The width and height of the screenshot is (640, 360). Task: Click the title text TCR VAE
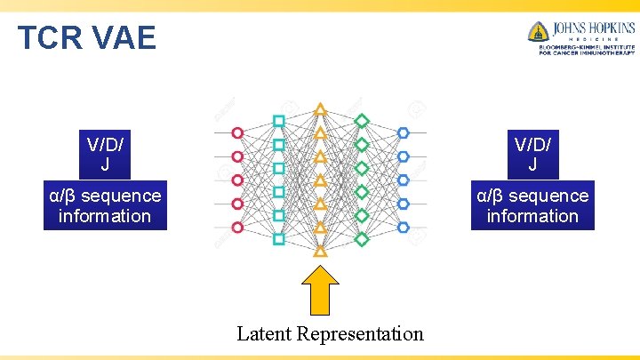(87, 37)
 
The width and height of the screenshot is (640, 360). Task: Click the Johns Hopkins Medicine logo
(580, 37)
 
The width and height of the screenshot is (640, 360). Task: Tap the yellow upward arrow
(320, 291)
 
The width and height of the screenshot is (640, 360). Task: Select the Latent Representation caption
(330, 334)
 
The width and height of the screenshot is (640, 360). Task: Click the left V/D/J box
(105, 154)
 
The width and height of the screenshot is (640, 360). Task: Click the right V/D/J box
(532, 154)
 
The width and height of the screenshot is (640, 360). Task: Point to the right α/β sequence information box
(532, 205)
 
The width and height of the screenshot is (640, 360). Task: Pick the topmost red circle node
(237, 133)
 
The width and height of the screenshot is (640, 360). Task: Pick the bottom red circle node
(237, 228)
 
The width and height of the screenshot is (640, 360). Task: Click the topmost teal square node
(279, 121)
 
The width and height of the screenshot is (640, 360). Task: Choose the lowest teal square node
(279, 238)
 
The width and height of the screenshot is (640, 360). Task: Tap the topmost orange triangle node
(321, 109)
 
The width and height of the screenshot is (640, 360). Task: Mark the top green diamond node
(362, 121)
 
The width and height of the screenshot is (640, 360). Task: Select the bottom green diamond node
(362, 238)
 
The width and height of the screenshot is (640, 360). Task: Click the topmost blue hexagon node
(404, 133)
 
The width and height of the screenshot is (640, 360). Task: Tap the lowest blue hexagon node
(404, 228)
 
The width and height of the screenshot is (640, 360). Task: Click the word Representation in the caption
(360, 334)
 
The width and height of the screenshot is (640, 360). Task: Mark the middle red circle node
(237, 180)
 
